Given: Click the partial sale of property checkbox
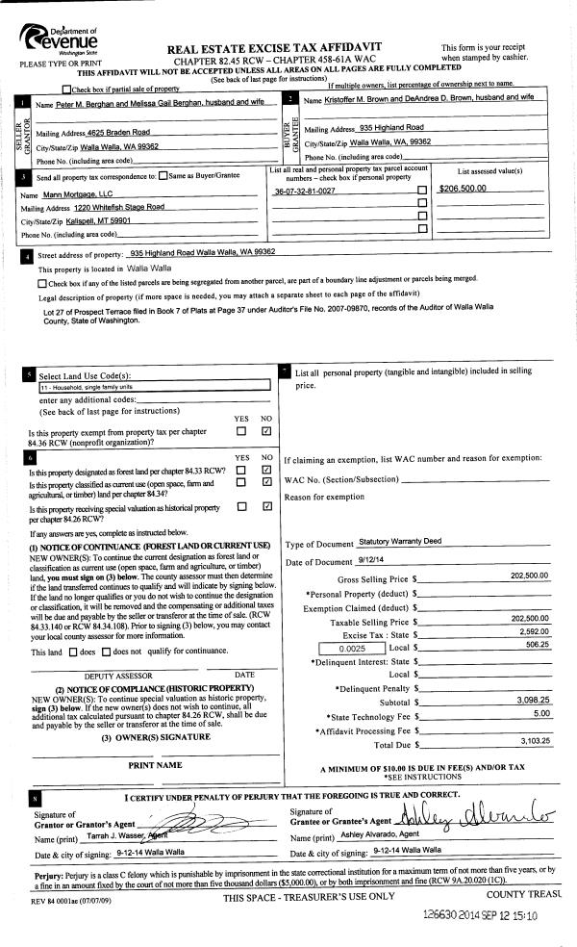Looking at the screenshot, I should pos(66,89).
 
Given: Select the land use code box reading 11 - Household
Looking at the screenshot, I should pos(154,387).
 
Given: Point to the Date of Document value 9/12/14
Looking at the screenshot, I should pos(370,561).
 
